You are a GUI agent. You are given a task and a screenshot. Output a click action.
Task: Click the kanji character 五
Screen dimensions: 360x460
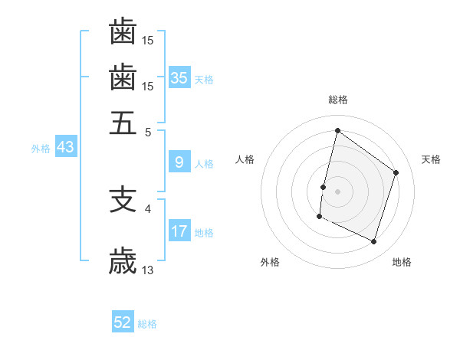(x=123, y=122)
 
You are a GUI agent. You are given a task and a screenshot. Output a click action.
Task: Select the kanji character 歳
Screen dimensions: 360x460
(x=123, y=261)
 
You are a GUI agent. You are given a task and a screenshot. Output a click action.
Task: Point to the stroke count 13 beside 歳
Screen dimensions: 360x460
(x=148, y=270)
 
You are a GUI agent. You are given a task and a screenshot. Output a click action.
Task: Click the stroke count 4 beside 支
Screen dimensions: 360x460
(x=148, y=208)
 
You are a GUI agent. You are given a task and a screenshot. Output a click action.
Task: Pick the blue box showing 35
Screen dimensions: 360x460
(x=179, y=77)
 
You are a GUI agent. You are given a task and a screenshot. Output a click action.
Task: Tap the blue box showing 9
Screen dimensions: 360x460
(x=179, y=162)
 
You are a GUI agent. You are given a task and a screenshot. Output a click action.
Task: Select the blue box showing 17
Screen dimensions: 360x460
(x=179, y=231)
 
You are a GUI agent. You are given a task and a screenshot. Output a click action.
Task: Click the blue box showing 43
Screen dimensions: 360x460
(x=65, y=147)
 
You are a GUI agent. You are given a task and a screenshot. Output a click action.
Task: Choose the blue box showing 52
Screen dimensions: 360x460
(x=123, y=322)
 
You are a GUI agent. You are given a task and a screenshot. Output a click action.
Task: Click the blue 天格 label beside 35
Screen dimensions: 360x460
(x=203, y=79)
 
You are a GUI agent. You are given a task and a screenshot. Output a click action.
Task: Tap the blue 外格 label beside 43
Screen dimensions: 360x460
(x=41, y=149)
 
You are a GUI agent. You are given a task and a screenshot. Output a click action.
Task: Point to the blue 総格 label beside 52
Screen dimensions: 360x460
(x=147, y=324)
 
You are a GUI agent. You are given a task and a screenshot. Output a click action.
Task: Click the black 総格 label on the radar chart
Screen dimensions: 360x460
(x=338, y=100)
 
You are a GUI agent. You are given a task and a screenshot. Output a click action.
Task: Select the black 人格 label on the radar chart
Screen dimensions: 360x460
(x=245, y=159)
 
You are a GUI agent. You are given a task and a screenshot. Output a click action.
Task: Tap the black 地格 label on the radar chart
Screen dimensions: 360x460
(x=402, y=262)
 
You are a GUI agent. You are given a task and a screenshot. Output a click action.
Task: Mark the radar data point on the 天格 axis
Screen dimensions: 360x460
(x=396, y=172)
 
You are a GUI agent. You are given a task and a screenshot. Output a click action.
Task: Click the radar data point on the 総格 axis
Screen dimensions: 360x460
(x=337, y=130)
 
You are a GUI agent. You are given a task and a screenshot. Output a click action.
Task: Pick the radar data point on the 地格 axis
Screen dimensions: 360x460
(x=374, y=242)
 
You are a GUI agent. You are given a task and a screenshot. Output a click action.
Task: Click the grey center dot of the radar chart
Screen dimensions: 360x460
(x=337, y=191)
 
